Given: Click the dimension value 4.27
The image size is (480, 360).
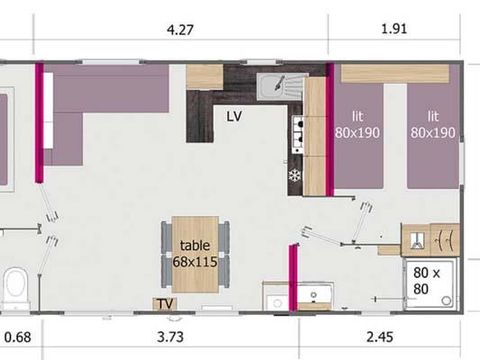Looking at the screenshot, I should pos(182,30).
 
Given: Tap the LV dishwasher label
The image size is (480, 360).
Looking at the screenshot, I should pos(234,115).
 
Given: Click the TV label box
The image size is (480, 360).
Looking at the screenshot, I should pos(161,303).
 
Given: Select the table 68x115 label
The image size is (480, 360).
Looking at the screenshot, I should pos(195,252).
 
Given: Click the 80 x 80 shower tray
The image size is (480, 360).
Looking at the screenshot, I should pos(429,282).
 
